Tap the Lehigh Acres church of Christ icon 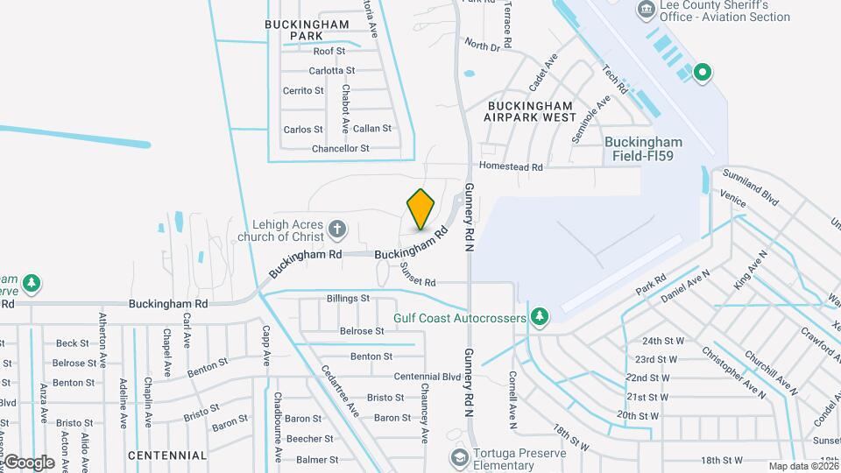337,230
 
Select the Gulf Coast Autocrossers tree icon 541,315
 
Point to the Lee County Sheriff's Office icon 647,11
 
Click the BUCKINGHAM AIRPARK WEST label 532,111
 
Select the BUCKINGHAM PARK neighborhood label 300,30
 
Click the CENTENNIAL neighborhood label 167,455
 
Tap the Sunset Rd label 418,274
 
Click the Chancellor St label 341,149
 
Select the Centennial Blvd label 428,377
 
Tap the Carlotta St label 332,70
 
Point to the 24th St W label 662,341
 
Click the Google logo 29,462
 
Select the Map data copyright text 803,466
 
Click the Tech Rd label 616,80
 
